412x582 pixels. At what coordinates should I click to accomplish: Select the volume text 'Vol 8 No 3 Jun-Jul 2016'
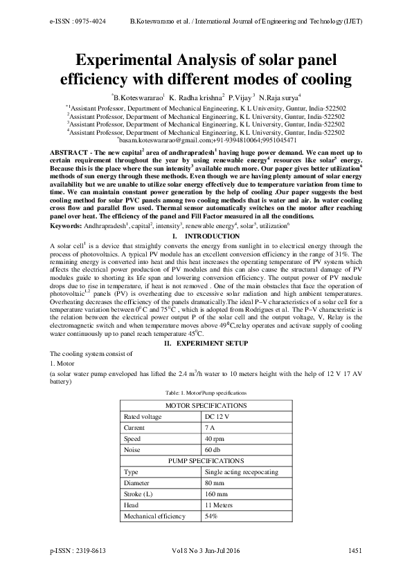205,550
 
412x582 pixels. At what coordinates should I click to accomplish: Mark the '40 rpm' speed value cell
215,439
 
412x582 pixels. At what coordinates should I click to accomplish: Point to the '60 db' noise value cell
214,450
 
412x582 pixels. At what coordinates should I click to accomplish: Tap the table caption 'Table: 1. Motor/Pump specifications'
205,392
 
